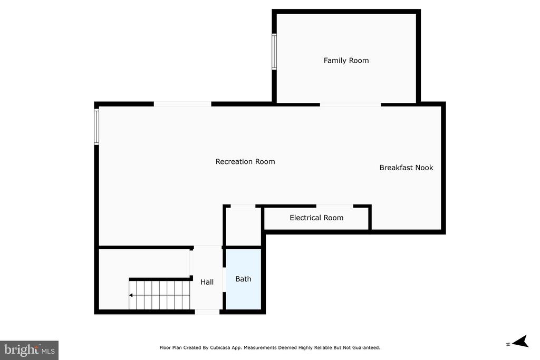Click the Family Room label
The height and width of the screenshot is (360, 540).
pyautogui.click(x=346, y=61)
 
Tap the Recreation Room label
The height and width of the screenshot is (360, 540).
pyautogui.click(x=245, y=161)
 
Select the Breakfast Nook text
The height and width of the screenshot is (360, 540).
pyautogui.click(x=407, y=168)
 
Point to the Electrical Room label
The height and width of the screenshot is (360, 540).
pyautogui.click(x=316, y=218)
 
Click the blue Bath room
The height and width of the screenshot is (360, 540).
pyautogui.click(x=244, y=279)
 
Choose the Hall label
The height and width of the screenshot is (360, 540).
pyautogui.click(x=207, y=282)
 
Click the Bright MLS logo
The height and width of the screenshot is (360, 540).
pyautogui.click(x=30, y=351)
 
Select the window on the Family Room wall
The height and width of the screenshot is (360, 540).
pyautogui.click(x=274, y=52)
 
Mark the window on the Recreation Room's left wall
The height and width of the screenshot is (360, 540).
pyautogui.click(x=97, y=127)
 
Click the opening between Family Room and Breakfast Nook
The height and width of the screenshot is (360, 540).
pyautogui.click(x=350, y=104)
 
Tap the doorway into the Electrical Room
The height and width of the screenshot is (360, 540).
pyautogui.click(x=335, y=206)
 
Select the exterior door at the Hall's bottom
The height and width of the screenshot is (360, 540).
pyautogui.click(x=207, y=312)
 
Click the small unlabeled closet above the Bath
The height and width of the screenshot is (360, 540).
pyautogui.click(x=243, y=227)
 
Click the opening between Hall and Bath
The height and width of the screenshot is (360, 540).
pyautogui.click(x=224, y=280)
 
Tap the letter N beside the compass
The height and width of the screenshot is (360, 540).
pyautogui.click(x=508, y=344)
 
